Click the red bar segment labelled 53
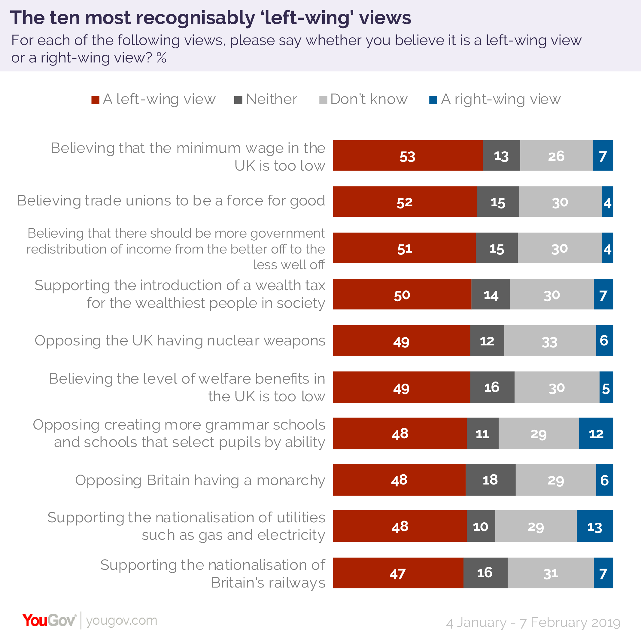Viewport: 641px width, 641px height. click(x=408, y=155)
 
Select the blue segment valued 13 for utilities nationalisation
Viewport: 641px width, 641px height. click(x=594, y=526)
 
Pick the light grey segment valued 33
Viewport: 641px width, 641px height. click(x=550, y=340)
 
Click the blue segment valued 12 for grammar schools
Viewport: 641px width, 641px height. click(x=596, y=433)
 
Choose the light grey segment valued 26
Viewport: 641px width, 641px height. click(x=556, y=155)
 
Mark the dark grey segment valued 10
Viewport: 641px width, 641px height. click(x=481, y=526)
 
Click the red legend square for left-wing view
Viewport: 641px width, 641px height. click(x=95, y=100)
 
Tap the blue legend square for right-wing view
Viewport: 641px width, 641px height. click(x=433, y=100)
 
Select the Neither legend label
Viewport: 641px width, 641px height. click(x=272, y=99)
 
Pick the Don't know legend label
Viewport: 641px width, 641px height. click(x=369, y=99)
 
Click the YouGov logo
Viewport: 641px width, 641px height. click(x=49, y=621)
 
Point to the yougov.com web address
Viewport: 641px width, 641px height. click(x=121, y=621)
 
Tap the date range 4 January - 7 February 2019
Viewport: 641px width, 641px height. click(x=533, y=622)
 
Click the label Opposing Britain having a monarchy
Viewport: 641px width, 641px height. click(x=200, y=480)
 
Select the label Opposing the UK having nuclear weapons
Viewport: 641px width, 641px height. click(x=180, y=341)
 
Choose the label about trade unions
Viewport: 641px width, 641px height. click(x=171, y=201)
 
